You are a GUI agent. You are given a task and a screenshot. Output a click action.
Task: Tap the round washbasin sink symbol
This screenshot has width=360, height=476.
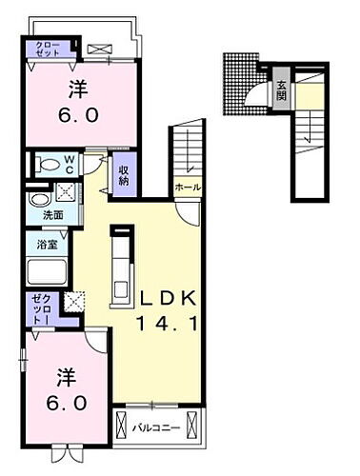coord(39,200)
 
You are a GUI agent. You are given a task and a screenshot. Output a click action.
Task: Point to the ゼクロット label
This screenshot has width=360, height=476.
coord(40,310)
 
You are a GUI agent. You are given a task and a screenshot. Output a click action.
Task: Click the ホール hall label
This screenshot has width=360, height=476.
coord(188,188)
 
